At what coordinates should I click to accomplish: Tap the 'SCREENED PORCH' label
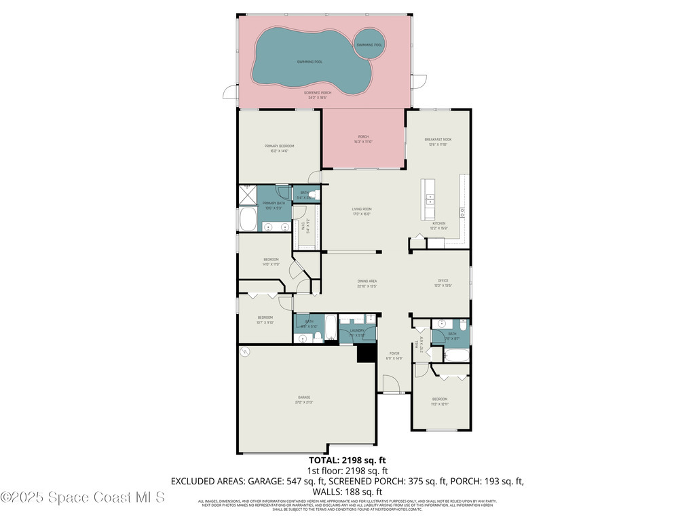tap(318, 93)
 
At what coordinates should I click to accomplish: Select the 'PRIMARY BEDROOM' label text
tap(279, 146)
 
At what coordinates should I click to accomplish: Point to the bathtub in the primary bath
tap(247, 220)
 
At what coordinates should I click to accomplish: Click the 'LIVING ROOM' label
tap(361, 209)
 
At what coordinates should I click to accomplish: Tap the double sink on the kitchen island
tap(430, 199)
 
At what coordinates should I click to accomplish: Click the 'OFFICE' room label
tap(443, 281)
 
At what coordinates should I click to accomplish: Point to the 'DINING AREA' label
tap(367, 281)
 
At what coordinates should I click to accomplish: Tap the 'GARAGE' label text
tap(303, 397)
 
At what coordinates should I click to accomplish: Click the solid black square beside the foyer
tap(367, 353)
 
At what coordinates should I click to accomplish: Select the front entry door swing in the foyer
tap(390, 385)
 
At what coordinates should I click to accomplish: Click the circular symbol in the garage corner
tap(246, 351)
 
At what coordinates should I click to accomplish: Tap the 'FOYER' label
tap(394, 353)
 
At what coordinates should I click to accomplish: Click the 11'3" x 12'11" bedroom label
tap(440, 401)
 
